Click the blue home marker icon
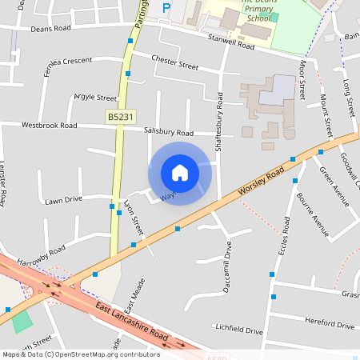click(180, 173)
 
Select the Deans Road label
click(50, 27)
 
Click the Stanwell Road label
click(230, 42)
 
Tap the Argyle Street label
click(95, 97)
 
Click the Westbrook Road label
click(50, 126)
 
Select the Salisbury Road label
click(169, 132)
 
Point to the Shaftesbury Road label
click(219, 122)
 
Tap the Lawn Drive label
click(63, 200)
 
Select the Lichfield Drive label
click(238, 330)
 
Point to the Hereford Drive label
click(329, 326)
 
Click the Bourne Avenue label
click(313, 214)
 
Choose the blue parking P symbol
click(166, 8)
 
